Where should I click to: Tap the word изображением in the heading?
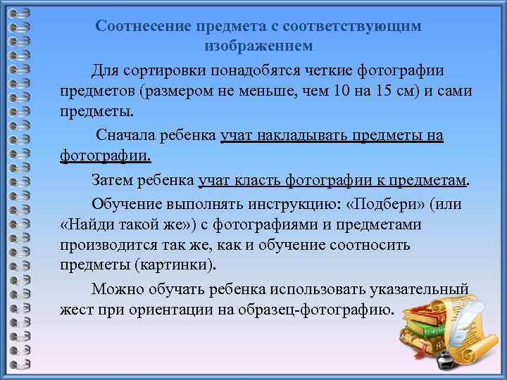[x=258, y=46]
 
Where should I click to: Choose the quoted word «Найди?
[x=86, y=224]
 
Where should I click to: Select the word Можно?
[x=116, y=289]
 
